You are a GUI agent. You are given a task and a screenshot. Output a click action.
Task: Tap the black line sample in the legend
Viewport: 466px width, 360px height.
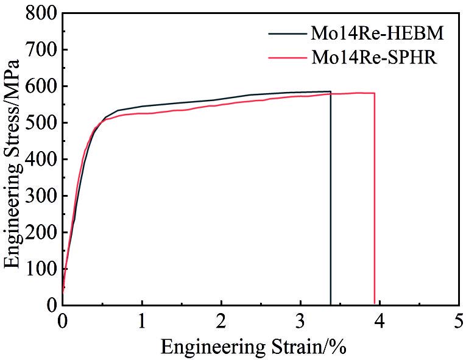tap(289, 33)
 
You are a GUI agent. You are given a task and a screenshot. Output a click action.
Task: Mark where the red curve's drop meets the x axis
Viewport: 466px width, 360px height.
tap(374, 305)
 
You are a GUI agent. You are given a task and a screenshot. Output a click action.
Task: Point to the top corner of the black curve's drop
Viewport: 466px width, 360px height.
tap(330, 91)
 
